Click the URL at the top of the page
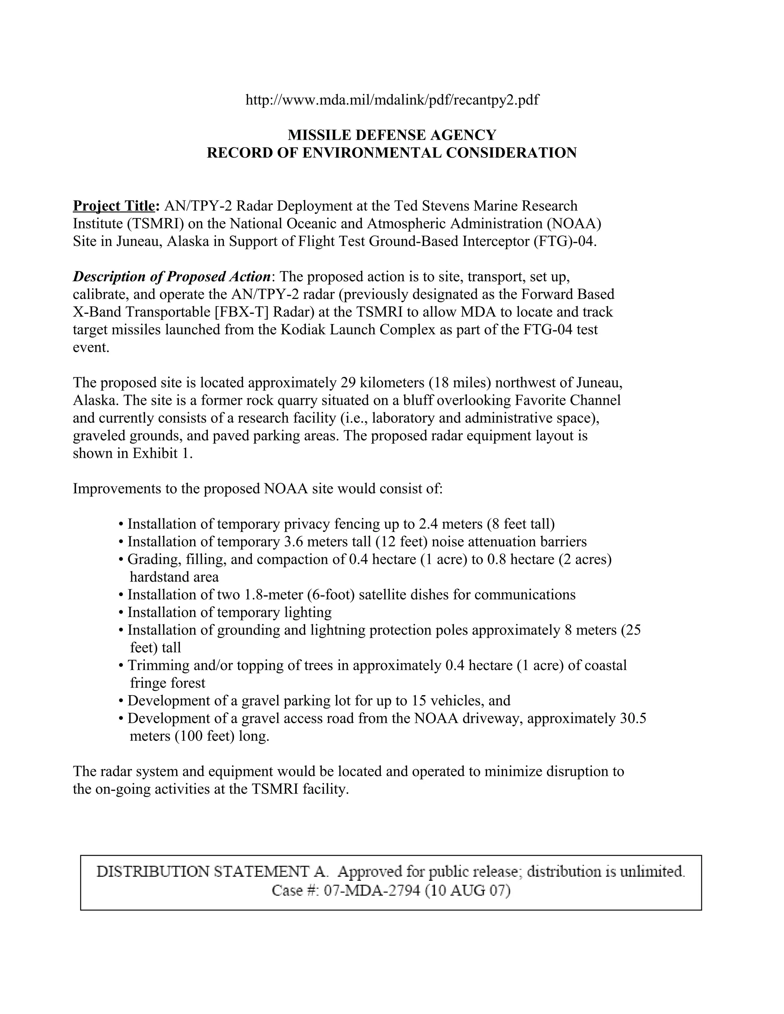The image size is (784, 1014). pyautogui.click(x=392, y=100)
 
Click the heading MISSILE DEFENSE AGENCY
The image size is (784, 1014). pyautogui.click(x=392, y=135)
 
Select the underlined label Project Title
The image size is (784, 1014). pyautogui.click(x=116, y=206)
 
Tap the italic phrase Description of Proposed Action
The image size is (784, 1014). pyautogui.click(x=172, y=277)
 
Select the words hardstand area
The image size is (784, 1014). pyautogui.click(x=174, y=577)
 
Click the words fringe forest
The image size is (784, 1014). pyautogui.click(x=167, y=683)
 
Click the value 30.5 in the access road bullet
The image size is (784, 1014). pyautogui.click(x=633, y=718)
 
